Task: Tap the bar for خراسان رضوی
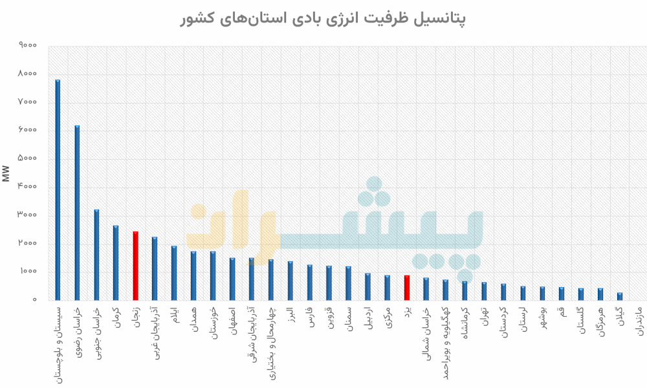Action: (x=77, y=213)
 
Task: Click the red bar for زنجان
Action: (x=135, y=266)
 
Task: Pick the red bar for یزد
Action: (x=407, y=288)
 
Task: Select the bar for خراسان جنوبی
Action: (x=96, y=255)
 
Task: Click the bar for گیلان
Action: (x=620, y=297)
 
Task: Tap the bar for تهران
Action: (x=484, y=292)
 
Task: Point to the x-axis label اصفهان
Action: (x=232, y=321)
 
